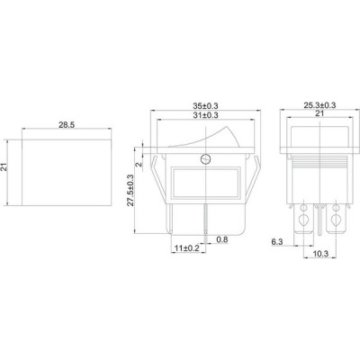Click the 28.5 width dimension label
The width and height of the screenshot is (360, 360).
(x=67, y=125)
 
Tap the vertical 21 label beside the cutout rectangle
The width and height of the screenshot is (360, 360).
(x=4, y=167)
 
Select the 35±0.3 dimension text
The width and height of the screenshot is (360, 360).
(x=205, y=106)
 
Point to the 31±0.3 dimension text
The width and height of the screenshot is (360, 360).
(x=205, y=115)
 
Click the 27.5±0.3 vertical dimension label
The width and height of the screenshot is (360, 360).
(x=130, y=190)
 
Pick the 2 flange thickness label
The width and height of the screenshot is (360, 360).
(x=139, y=165)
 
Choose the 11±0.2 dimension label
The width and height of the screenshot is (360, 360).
(x=187, y=248)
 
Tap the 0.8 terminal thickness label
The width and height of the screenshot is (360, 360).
(x=222, y=239)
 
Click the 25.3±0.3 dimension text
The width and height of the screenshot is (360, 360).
(x=319, y=105)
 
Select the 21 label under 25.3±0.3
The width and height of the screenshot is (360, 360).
(x=319, y=113)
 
